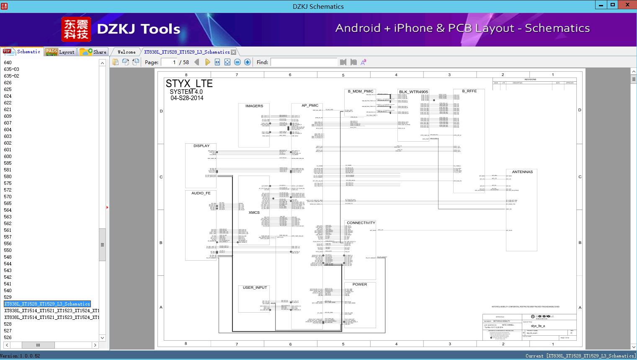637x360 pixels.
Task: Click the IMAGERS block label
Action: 254,106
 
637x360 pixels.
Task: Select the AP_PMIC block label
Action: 310,106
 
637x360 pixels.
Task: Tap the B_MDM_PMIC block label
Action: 360,91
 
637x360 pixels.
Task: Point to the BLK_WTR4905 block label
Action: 413,92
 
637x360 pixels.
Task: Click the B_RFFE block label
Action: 469,91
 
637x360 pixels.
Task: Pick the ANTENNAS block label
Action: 522,172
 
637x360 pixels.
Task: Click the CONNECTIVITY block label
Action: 361,223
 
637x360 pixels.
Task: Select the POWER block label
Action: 359,285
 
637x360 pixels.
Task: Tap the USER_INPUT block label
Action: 255,287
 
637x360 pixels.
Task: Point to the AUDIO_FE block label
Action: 201,193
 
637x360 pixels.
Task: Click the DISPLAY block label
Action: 201,146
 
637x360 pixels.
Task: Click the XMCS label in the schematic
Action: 254,212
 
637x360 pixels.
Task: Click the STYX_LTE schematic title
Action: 189,83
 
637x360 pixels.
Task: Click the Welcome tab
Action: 126,52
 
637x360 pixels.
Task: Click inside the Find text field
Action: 304,62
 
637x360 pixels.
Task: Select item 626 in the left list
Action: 8,83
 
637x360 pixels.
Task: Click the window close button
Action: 627,5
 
